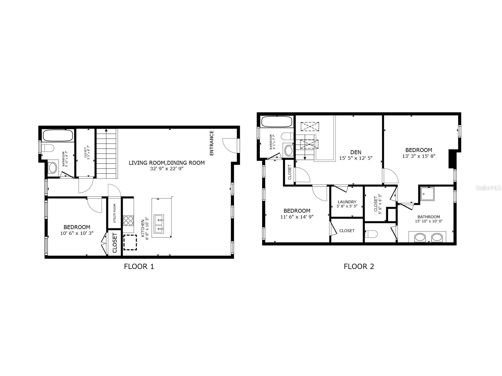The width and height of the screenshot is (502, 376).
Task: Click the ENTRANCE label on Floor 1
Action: click(x=212, y=143)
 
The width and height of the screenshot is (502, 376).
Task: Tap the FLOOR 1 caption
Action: click(x=139, y=266)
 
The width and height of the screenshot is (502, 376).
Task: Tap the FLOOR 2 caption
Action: click(x=359, y=266)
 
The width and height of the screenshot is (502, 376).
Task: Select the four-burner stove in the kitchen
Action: click(x=128, y=221)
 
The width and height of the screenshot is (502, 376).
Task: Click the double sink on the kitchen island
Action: click(x=159, y=224)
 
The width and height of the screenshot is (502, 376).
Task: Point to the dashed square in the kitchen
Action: click(x=130, y=243)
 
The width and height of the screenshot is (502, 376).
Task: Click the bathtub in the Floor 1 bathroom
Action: click(x=58, y=136)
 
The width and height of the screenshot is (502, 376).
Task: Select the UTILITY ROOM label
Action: click(x=114, y=214)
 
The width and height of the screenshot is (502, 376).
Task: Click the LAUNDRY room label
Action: click(x=347, y=202)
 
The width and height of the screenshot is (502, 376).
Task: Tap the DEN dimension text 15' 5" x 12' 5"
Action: click(x=356, y=158)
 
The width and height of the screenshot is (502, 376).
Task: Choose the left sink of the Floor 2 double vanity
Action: click(x=420, y=237)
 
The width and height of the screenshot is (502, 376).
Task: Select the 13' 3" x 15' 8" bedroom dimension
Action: click(x=419, y=156)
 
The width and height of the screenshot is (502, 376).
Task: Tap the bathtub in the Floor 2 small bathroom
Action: click(x=277, y=122)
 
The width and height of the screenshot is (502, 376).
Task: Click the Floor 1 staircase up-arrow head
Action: click(x=106, y=130)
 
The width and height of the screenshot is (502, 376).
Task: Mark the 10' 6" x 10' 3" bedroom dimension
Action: click(x=77, y=233)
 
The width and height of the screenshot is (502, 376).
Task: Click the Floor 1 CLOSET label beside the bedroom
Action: click(x=115, y=243)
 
